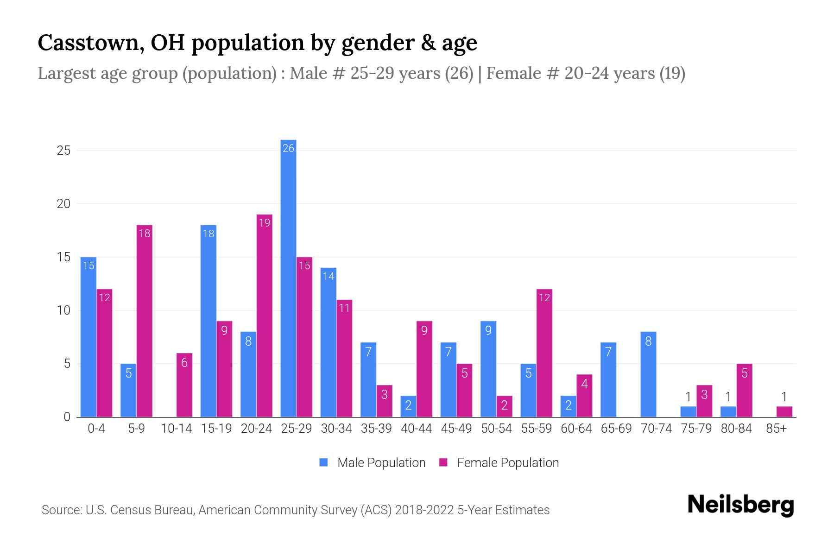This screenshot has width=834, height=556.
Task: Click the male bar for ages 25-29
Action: tap(288, 278)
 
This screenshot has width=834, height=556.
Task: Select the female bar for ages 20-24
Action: tap(264, 316)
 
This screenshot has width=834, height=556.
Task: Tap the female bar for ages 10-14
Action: tap(184, 385)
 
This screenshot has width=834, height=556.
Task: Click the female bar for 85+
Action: tap(784, 411)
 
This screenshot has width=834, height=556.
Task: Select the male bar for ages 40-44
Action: tap(408, 406)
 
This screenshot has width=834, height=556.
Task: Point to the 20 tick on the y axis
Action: tap(63, 204)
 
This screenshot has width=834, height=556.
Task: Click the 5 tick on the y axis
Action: tap(67, 364)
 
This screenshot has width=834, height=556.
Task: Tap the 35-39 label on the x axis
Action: tap(376, 429)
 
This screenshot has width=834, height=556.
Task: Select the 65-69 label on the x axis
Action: tap(616, 429)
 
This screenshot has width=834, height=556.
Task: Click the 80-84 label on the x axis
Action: tap(736, 429)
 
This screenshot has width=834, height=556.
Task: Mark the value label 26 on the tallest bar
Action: tap(288, 148)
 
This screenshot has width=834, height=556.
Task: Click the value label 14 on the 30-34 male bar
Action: tap(328, 277)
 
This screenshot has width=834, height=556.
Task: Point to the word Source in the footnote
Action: tap(61, 510)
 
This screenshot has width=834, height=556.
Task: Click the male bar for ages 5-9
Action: tap(128, 390)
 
